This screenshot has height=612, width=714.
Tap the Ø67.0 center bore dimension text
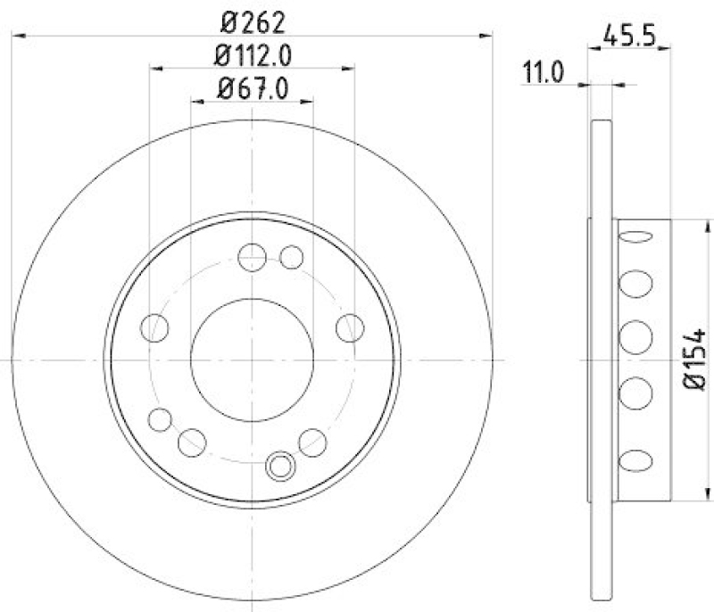(253, 87)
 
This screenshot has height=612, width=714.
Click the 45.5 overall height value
(630, 39)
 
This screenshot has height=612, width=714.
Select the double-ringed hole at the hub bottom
(281, 464)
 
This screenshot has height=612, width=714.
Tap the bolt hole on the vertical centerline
(253, 257)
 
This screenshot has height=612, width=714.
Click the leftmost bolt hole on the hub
(155, 327)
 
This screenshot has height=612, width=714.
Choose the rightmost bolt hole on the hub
(350, 327)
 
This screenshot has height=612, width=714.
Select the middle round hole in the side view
(634, 338)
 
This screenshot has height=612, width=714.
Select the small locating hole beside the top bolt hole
(291, 258)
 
